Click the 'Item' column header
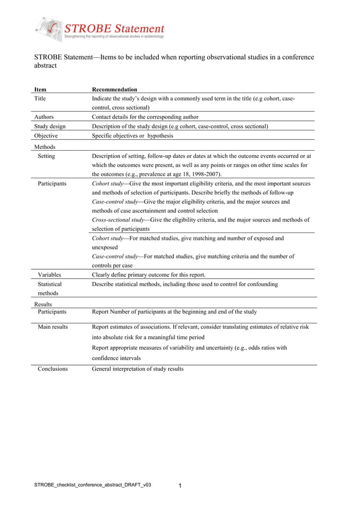coord(41,89)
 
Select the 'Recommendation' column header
coord(115,89)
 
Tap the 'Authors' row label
coord(45,117)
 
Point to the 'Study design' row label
coord(50,126)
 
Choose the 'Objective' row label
coord(46,136)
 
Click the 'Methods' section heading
coord(45,147)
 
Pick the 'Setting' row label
coord(46,156)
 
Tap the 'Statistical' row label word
coord(50,284)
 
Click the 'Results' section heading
coord(43,304)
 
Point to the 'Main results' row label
coord(53,327)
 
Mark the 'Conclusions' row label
coord(52,368)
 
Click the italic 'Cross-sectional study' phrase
coord(118,220)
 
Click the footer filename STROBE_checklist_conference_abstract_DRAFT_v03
coord(93,485)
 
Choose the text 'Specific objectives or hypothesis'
coord(133,136)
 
